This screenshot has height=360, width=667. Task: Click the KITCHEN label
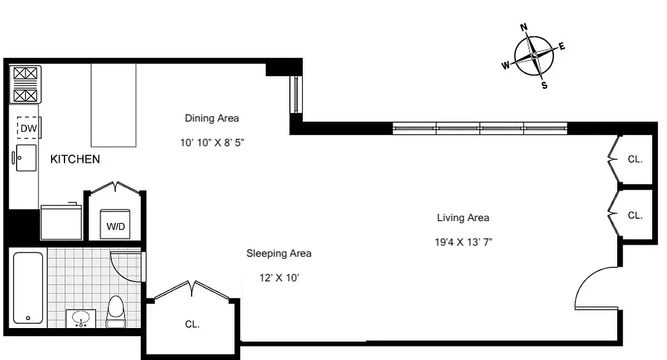[75, 160]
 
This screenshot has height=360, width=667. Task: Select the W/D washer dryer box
[115, 225]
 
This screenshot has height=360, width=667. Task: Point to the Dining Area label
[212, 118]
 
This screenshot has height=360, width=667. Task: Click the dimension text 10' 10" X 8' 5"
[213, 143]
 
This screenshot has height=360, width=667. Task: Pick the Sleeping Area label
[279, 253]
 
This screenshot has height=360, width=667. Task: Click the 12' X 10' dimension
[279, 278]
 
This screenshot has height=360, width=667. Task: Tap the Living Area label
[463, 217]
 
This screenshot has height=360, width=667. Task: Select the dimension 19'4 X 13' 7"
[463, 242]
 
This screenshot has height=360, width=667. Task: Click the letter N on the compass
[524, 27]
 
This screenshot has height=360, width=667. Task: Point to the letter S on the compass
[544, 85]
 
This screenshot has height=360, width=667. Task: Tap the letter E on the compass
[562, 47]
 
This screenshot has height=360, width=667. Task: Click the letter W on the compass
[505, 66]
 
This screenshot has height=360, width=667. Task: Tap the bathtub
[28, 287]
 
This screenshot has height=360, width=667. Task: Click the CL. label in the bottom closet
[192, 324]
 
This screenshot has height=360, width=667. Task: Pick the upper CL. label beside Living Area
[635, 159]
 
